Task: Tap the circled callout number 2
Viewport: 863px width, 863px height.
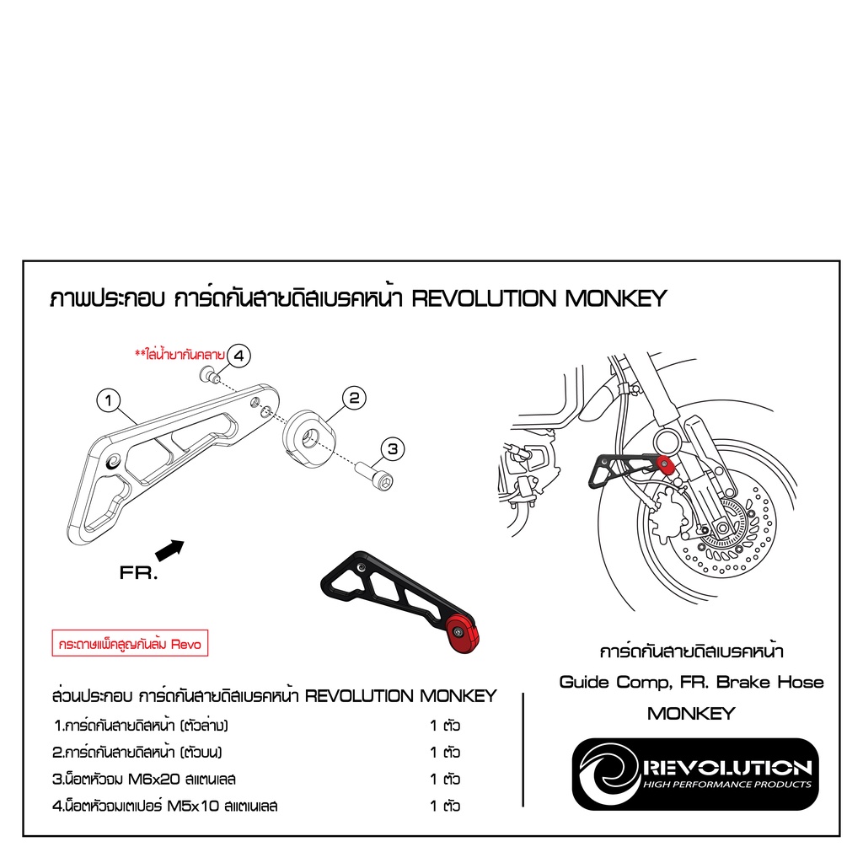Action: click(354, 398)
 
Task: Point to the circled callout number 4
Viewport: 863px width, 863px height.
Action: click(239, 356)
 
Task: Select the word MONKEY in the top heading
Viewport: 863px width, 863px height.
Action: click(614, 298)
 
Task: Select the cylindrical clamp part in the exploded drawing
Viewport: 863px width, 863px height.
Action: click(309, 433)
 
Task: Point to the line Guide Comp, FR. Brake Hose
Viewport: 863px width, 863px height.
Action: click(691, 682)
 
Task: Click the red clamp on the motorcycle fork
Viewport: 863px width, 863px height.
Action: click(667, 464)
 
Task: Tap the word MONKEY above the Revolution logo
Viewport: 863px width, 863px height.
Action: click(691, 713)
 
